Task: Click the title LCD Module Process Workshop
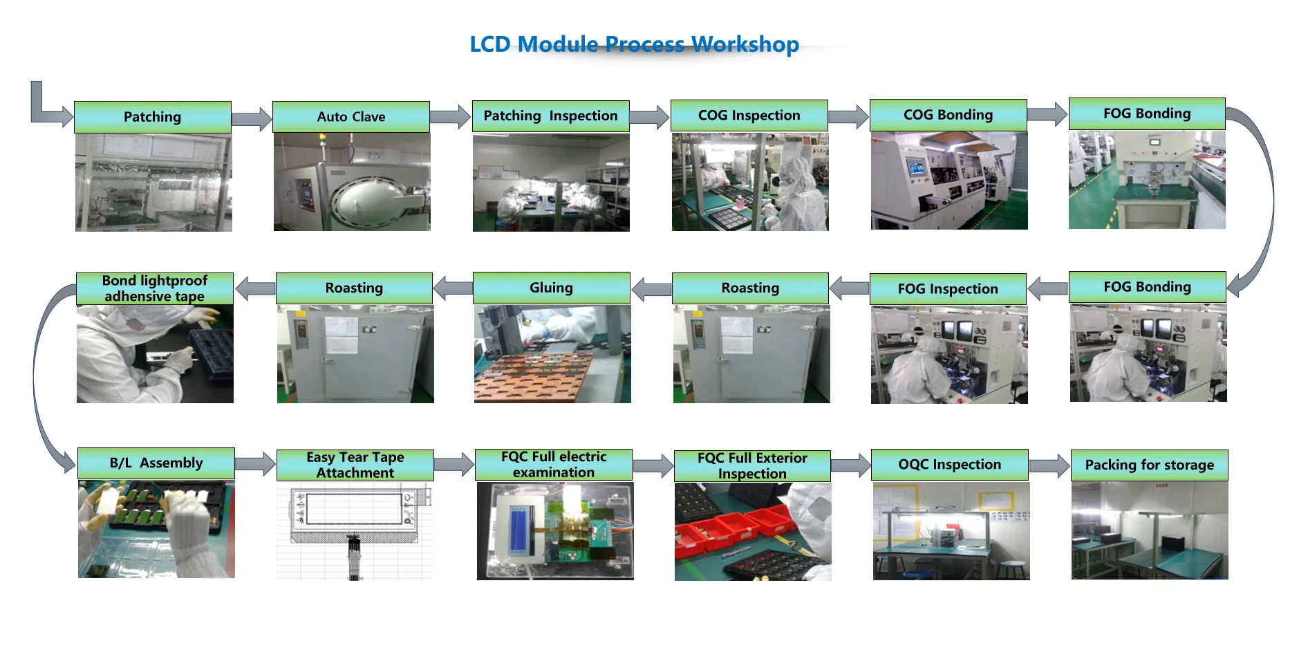pyautogui.click(x=634, y=44)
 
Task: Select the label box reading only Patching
pyautogui.click(x=153, y=117)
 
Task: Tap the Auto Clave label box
pyautogui.click(x=351, y=117)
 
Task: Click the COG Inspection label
pyautogui.click(x=749, y=115)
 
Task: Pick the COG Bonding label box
pyautogui.click(x=948, y=115)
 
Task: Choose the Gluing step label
pyautogui.click(x=552, y=288)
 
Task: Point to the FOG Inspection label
pyautogui.click(x=948, y=289)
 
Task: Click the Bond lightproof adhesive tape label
pyautogui.click(x=155, y=288)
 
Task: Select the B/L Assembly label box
pyautogui.click(x=156, y=463)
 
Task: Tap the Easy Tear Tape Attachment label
pyautogui.click(x=355, y=465)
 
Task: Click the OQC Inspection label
pyautogui.click(x=950, y=465)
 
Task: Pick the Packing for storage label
pyautogui.click(x=1150, y=465)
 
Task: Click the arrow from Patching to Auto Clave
pyautogui.click(x=252, y=119)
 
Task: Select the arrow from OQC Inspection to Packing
pyautogui.click(x=1049, y=467)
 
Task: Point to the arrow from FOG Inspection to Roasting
pyautogui.click(x=849, y=288)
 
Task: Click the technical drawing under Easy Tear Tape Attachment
pyautogui.click(x=355, y=531)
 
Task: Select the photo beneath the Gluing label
pyautogui.click(x=552, y=354)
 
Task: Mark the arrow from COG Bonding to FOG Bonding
pyautogui.click(x=1047, y=115)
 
